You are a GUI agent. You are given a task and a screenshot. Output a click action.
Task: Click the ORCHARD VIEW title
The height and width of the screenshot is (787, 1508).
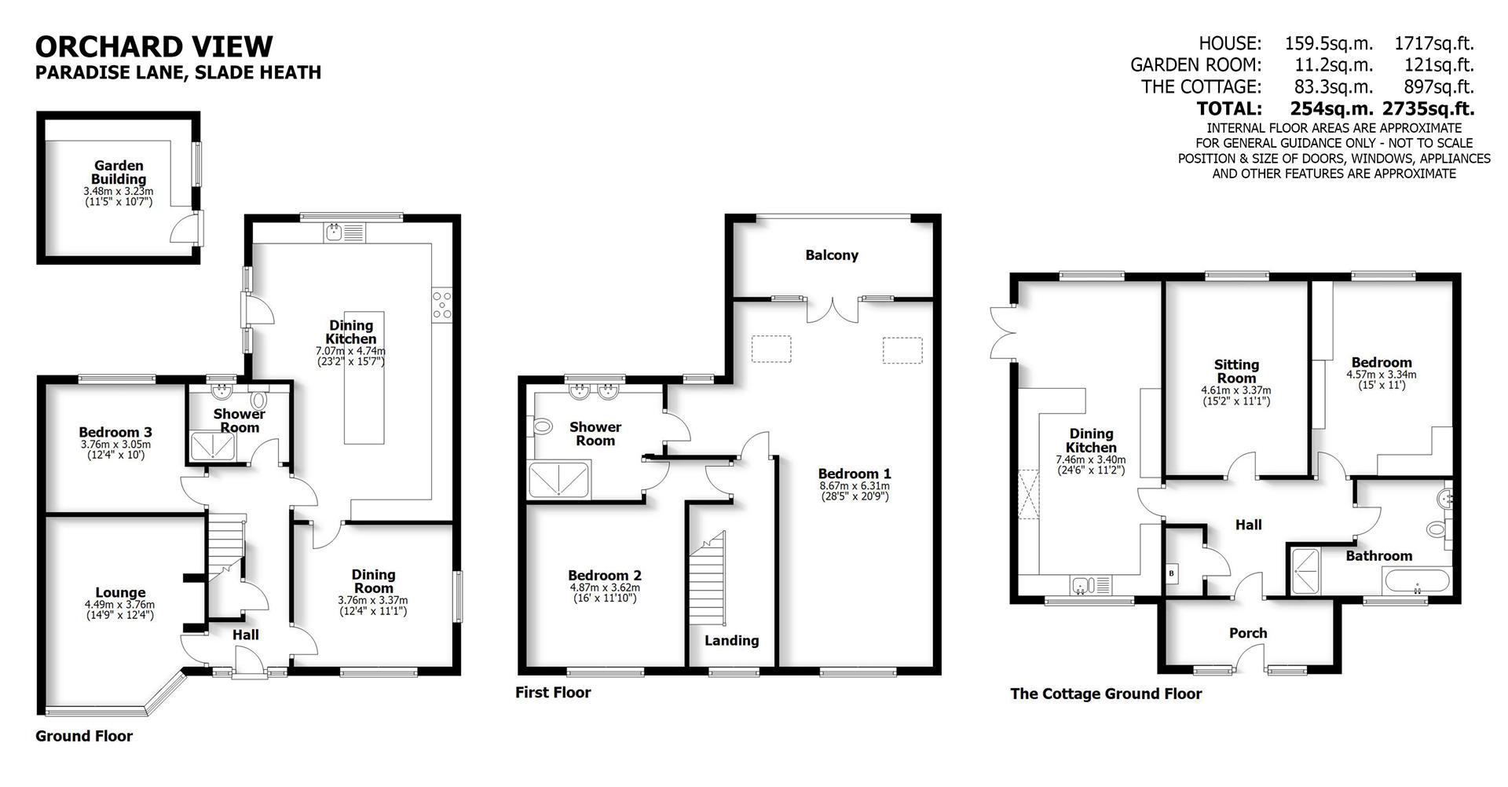[x=154, y=46]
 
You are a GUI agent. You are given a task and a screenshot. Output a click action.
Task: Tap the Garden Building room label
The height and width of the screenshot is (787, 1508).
[x=119, y=172]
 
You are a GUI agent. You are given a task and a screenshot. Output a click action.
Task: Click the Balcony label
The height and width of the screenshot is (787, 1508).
[x=832, y=255]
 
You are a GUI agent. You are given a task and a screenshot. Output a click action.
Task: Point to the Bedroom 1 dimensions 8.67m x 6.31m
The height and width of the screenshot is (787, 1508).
[x=855, y=486]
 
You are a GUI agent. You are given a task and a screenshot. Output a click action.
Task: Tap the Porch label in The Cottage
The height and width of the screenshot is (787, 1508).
[x=1247, y=633]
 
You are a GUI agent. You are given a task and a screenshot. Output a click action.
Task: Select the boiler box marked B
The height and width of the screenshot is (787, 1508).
[x=1173, y=573]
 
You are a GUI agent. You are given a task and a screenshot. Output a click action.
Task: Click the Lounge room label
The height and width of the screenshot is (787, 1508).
[x=120, y=593]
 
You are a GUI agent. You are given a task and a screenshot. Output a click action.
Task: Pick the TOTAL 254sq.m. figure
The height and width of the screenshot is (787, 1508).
[x=1331, y=108]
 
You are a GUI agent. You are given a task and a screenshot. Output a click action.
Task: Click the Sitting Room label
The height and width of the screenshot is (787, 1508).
[x=1236, y=371]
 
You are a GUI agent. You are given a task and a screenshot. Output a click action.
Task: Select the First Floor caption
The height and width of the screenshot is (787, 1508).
[x=553, y=692]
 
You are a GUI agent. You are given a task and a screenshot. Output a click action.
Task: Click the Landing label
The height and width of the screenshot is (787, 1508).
[x=731, y=640]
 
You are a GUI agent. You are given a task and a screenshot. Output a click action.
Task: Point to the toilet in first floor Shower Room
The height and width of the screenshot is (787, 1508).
[x=542, y=427]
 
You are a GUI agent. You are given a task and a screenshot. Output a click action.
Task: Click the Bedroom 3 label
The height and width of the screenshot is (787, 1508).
[x=115, y=432]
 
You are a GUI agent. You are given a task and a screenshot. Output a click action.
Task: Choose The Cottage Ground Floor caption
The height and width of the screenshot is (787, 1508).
[x=1106, y=694]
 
